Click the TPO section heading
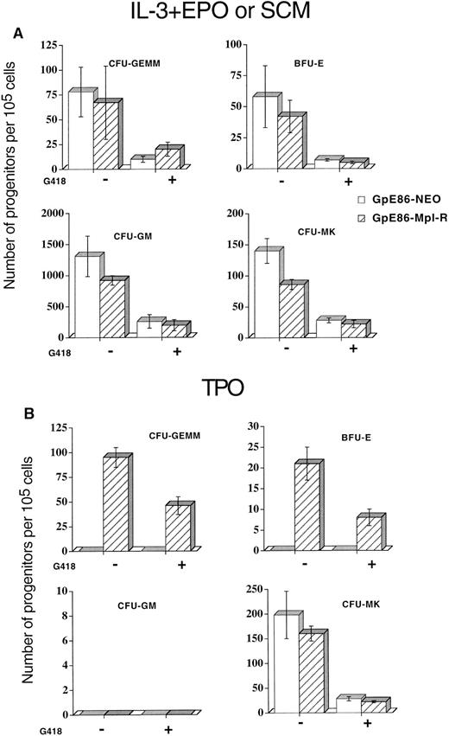pos(223,391)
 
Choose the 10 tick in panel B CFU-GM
pos(57,591)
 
